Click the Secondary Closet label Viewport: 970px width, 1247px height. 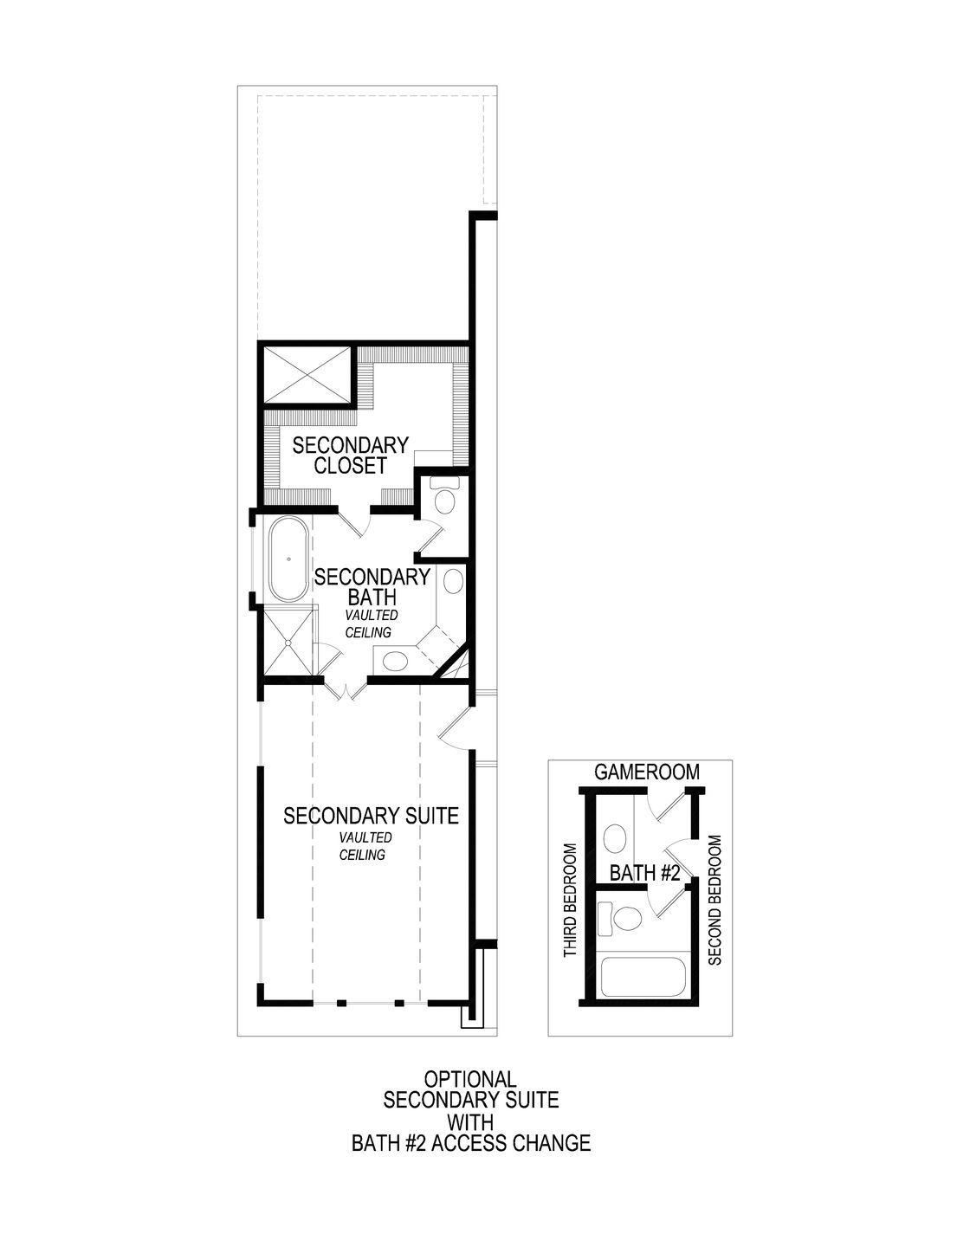[350, 456]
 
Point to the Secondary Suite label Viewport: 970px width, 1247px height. [371, 816]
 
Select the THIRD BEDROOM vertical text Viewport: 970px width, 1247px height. [570, 901]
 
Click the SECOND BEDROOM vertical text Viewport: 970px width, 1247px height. [715, 900]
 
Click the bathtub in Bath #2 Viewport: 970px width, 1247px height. [643, 976]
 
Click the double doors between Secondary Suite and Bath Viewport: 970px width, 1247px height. [345, 689]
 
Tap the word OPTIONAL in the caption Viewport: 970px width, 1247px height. [470, 1079]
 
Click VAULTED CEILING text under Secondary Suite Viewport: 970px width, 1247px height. [361, 846]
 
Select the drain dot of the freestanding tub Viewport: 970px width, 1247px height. [289, 559]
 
